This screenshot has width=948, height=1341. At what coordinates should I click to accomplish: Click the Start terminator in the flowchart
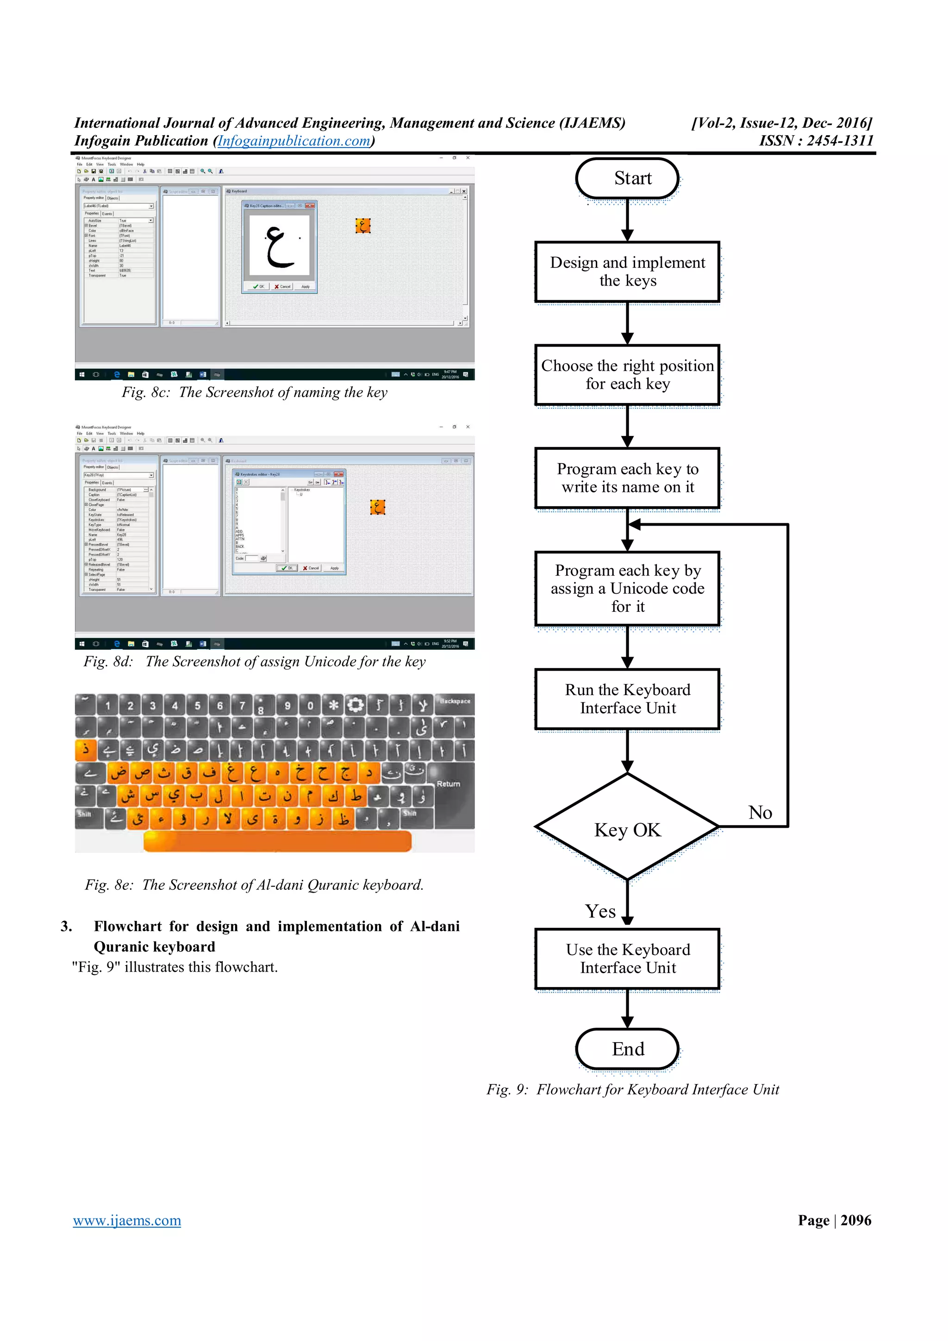627,178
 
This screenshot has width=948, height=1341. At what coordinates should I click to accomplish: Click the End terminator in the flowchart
627,1049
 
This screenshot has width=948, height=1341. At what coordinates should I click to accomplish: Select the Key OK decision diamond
627,829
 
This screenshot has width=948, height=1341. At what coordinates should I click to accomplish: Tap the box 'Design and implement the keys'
627,272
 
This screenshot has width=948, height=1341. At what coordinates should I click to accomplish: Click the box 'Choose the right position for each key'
627,374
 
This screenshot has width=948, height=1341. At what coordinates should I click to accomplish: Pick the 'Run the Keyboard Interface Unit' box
627,699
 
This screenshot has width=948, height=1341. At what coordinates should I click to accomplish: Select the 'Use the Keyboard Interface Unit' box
627,958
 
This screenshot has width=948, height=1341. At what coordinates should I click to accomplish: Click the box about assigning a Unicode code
627,588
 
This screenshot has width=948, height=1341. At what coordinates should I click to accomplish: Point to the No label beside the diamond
760,813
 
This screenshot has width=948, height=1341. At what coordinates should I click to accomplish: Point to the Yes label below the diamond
600,911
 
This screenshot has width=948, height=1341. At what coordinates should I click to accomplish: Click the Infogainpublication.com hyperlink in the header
294,141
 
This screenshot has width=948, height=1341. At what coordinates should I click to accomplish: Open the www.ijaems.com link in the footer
127,1220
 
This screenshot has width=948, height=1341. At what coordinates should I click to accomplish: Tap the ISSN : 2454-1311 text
816,141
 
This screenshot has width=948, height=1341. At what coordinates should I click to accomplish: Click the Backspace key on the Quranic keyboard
455,702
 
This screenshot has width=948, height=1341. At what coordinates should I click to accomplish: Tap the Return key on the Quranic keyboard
449,784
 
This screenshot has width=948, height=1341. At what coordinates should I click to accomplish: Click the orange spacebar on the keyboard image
277,841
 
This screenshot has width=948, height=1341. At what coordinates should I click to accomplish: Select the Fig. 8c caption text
254,392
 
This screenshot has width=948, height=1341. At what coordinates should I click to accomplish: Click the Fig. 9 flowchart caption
633,1089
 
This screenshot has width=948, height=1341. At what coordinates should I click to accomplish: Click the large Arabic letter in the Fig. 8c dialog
279,245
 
